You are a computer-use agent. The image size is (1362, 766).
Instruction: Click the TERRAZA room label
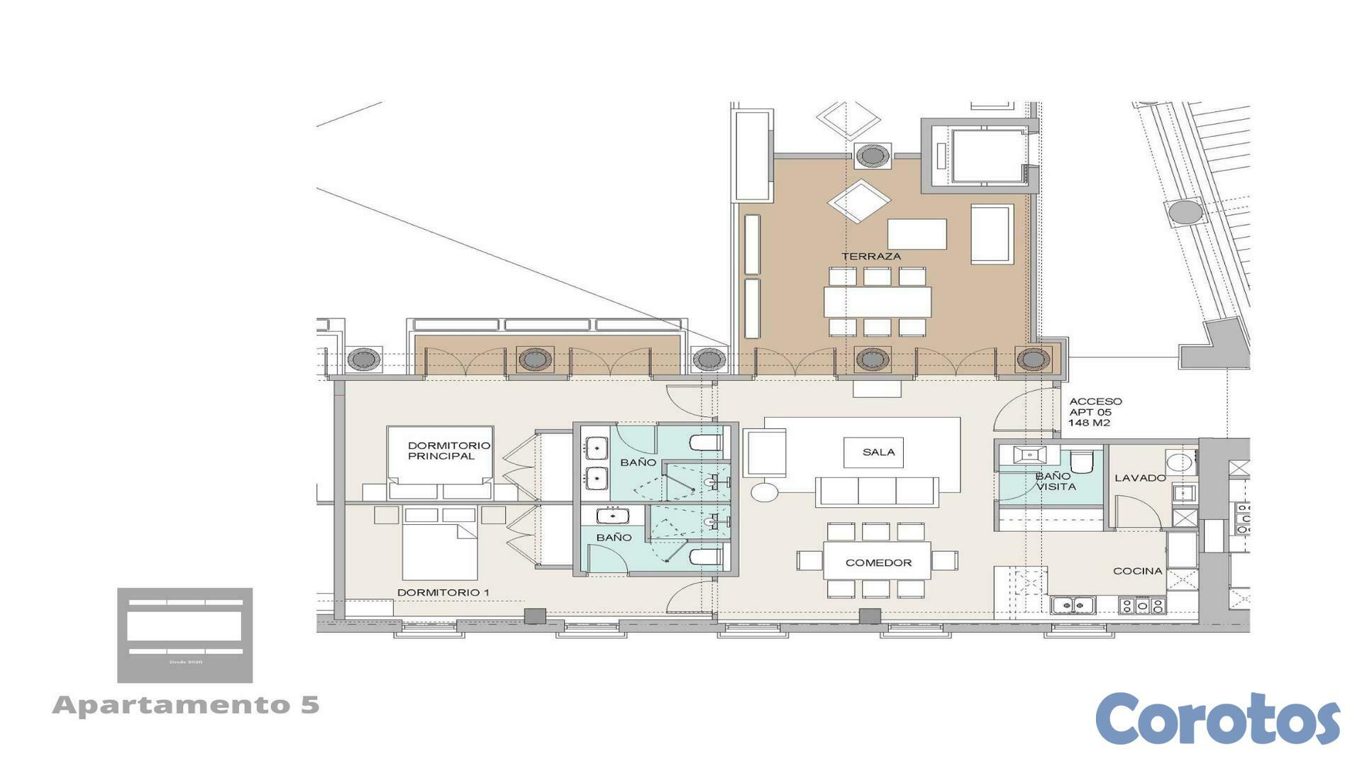pyautogui.click(x=871, y=256)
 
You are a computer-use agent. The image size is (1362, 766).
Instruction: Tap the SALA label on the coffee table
pyautogui.click(x=878, y=452)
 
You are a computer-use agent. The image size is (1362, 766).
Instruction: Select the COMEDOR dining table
pyautogui.click(x=877, y=562)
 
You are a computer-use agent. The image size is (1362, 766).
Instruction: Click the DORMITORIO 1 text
pyautogui.click(x=443, y=592)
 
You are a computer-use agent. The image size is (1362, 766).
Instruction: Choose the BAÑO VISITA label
pyautogui.click(x=1055, y=482)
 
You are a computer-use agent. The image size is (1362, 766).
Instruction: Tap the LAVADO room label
pyautogui.click(x=1139, y=478)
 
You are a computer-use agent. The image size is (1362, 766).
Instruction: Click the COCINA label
pyautogui.click(x=1137, y=571)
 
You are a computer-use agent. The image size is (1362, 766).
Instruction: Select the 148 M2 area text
pyautogui.click(x=1089, y=423)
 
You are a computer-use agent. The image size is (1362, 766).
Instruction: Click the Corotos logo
pyautogui.click(x=1217, y=719)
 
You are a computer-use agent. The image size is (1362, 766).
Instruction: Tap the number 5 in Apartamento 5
pyautogui.click(x=309, y=705)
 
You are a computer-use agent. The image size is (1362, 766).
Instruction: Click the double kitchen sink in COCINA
pyautogui.click(x=1073, y=605)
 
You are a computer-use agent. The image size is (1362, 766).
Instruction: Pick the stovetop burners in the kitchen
pyautogui.click(x=1141, y=606)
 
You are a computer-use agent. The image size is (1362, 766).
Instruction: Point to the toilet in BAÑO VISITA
pyautogui.click(x=1080, y=462)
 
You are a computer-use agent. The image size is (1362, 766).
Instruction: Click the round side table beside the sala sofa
pyautogui.click(x=764, y=492)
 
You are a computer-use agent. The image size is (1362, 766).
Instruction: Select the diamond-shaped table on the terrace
pyautogui.click(x=858, y=201)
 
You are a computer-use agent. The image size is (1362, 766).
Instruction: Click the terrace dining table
pyautogui.click(x=877, y=301)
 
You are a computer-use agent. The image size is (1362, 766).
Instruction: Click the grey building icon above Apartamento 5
pyautogui.click(x=184, y=635)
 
